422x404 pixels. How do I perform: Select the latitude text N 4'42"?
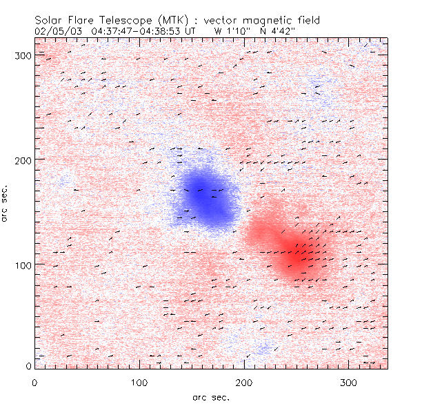pos(278,31)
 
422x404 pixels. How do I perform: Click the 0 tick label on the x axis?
pos(34,382)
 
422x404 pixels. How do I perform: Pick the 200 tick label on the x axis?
pos(243,382)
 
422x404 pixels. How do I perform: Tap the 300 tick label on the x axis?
pos(348,382)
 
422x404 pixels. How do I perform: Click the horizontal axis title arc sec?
pos(210,397)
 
